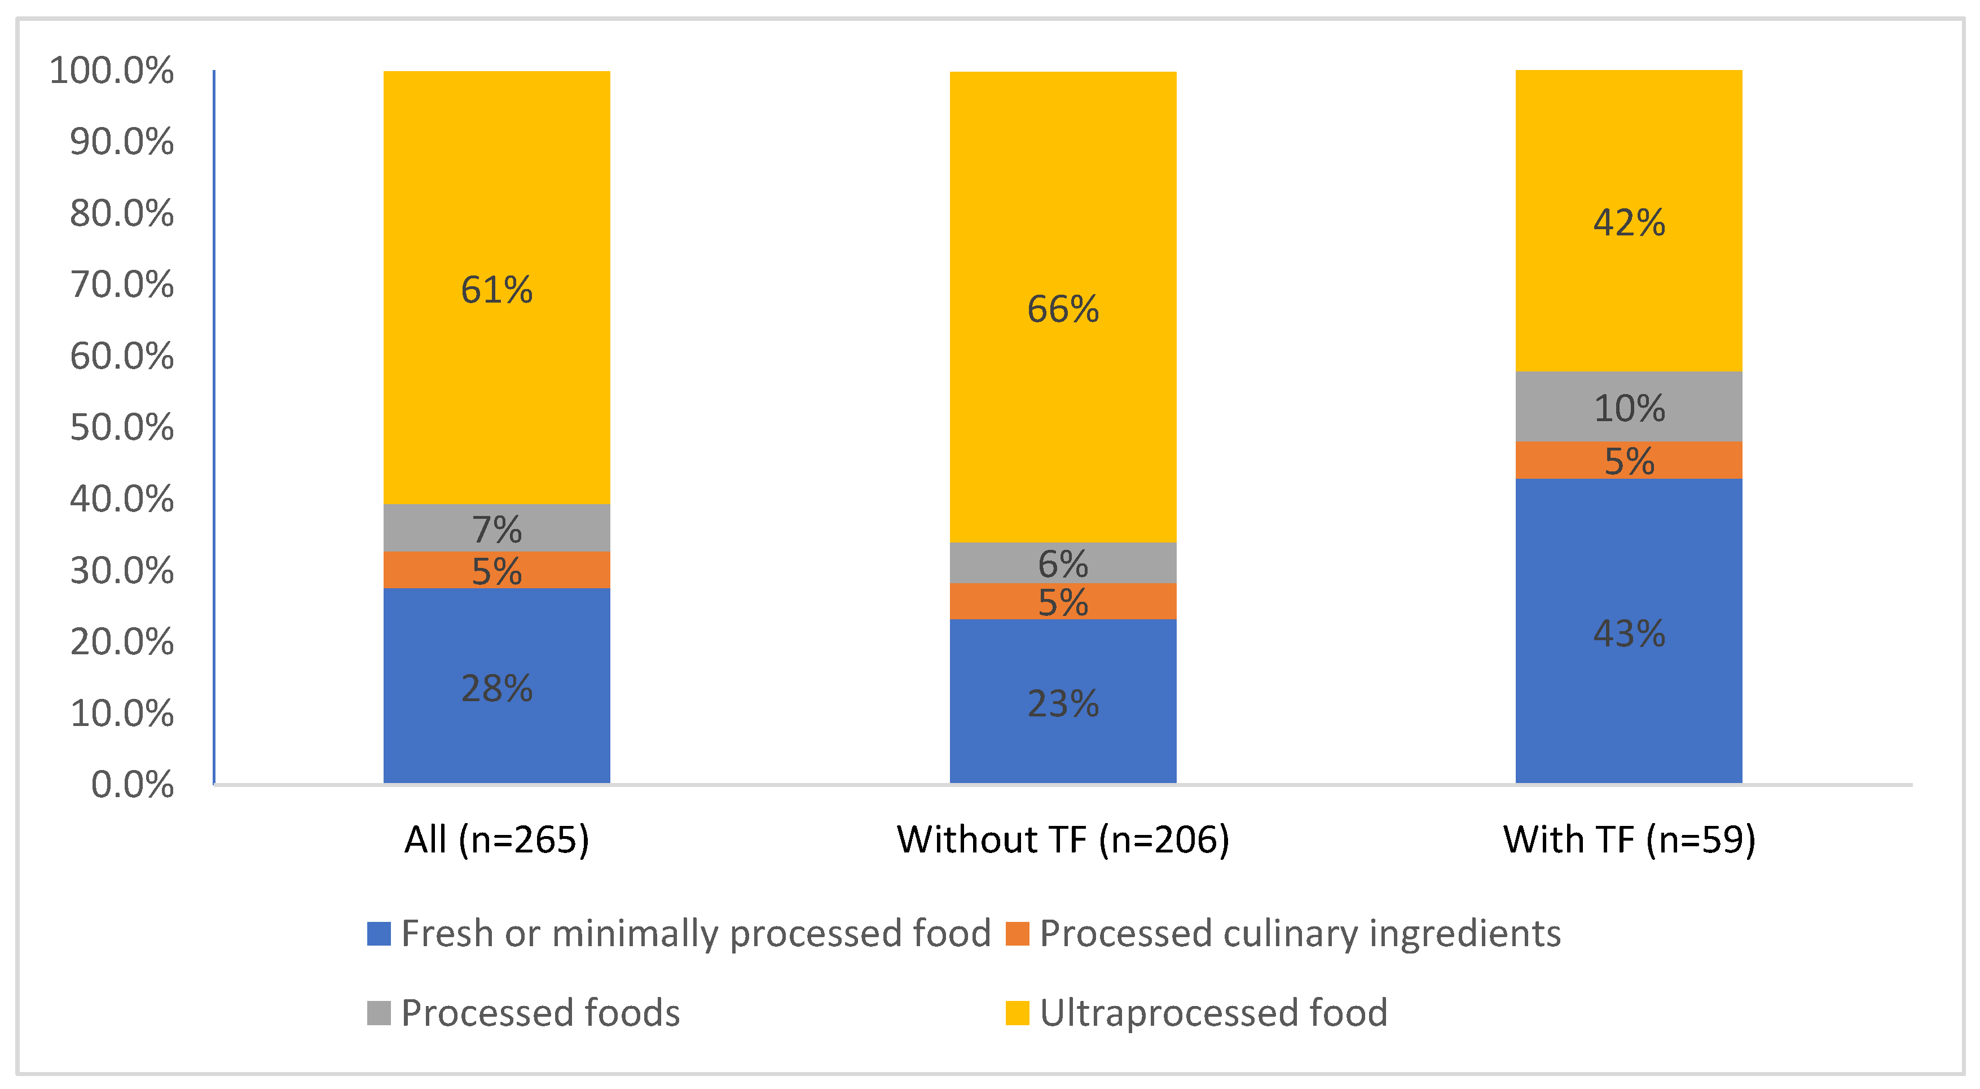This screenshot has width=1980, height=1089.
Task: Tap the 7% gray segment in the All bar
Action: pos(496,528)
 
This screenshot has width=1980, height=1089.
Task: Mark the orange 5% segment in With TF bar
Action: pos(1628,460)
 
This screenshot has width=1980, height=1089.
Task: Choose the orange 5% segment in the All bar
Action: pos(496,570)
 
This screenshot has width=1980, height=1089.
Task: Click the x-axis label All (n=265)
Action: pos(496,839)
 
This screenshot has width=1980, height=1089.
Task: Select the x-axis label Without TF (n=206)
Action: pos(1062,839)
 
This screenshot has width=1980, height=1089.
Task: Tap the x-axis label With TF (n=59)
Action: pos(1628,839)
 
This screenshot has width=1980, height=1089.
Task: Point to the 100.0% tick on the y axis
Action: pos(112,71)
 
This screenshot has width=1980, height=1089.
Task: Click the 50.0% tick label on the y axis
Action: pos(121,427)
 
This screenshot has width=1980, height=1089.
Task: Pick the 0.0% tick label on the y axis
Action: pos(132,785)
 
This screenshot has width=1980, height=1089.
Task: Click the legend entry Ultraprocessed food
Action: pos(1213,1012)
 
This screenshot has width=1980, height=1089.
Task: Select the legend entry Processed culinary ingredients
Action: pos(1299,933)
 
